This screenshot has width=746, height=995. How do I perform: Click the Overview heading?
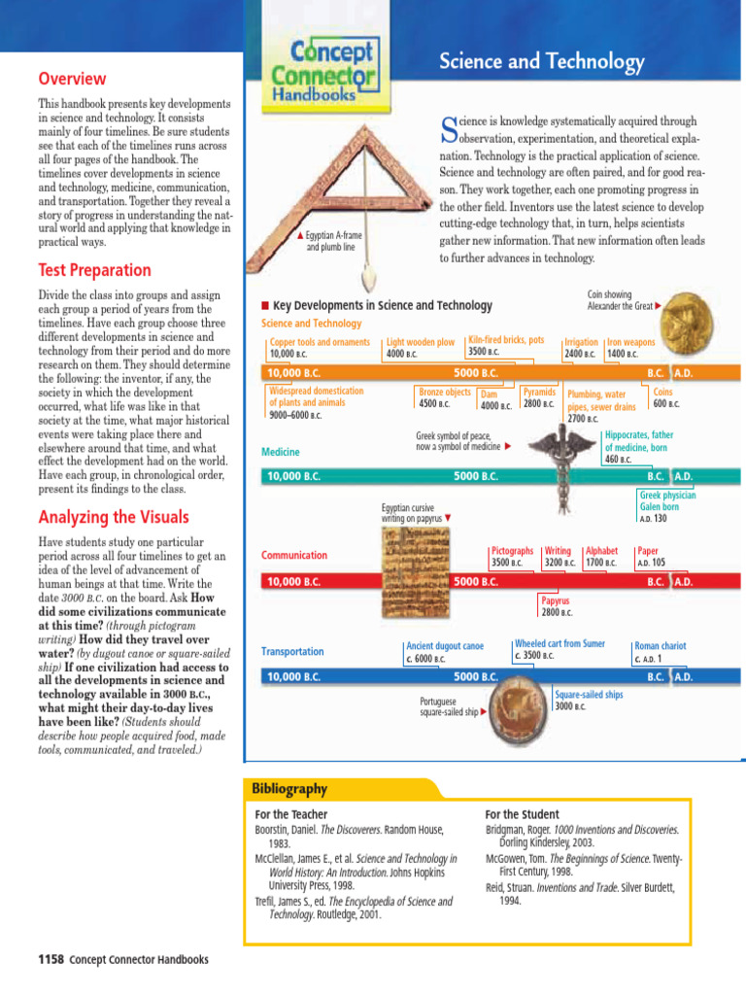(x=71, y=79)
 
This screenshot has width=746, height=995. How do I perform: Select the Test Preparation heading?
(x=94, y=270)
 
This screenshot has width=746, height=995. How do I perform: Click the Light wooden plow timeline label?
(x=421, y=348)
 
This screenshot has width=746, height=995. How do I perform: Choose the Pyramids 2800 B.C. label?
(x=539, y=397)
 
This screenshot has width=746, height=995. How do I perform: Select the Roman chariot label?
(x=660, y=651)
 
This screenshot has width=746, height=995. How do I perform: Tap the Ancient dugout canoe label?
(x=444, y=652)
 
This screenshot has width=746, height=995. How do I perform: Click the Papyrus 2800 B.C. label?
(x=557, y=606)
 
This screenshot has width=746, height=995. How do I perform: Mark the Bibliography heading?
(x=289, y=788)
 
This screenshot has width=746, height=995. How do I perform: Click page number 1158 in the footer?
(x=50, y=960)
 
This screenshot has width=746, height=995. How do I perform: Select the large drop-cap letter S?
(x=449, y=126)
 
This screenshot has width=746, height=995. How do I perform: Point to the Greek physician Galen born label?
(x=667, y=506)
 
